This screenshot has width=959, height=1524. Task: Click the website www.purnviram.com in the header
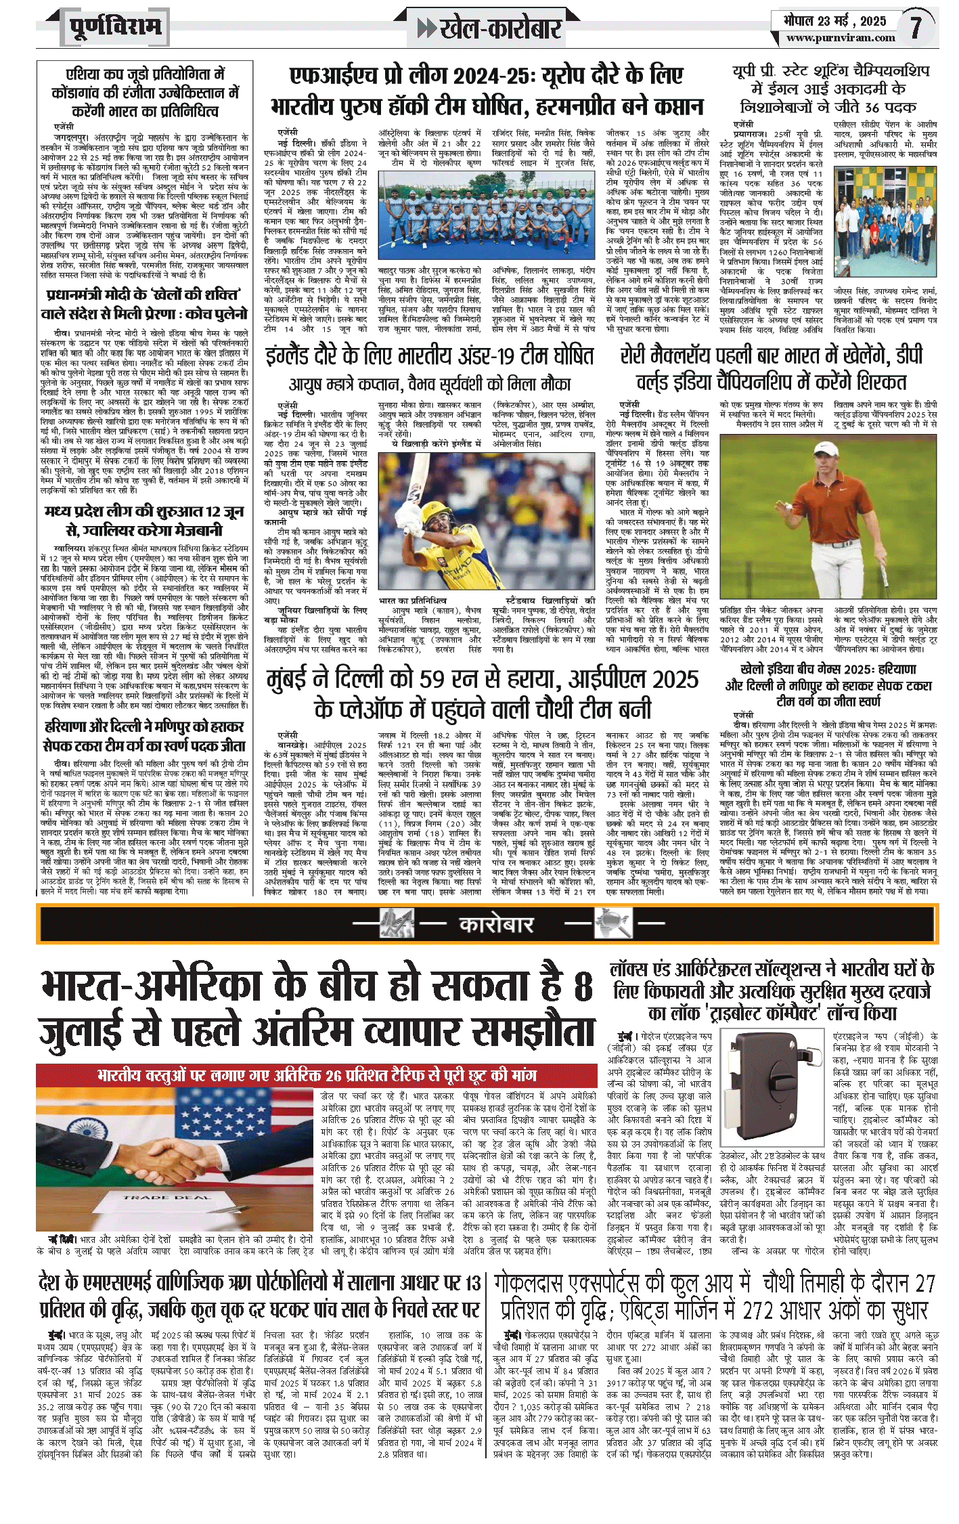(841, 38)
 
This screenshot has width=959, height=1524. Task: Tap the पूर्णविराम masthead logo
(116, 28)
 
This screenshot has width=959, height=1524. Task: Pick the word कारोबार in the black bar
(496, 924)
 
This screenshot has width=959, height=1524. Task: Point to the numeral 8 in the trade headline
(582, 986)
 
